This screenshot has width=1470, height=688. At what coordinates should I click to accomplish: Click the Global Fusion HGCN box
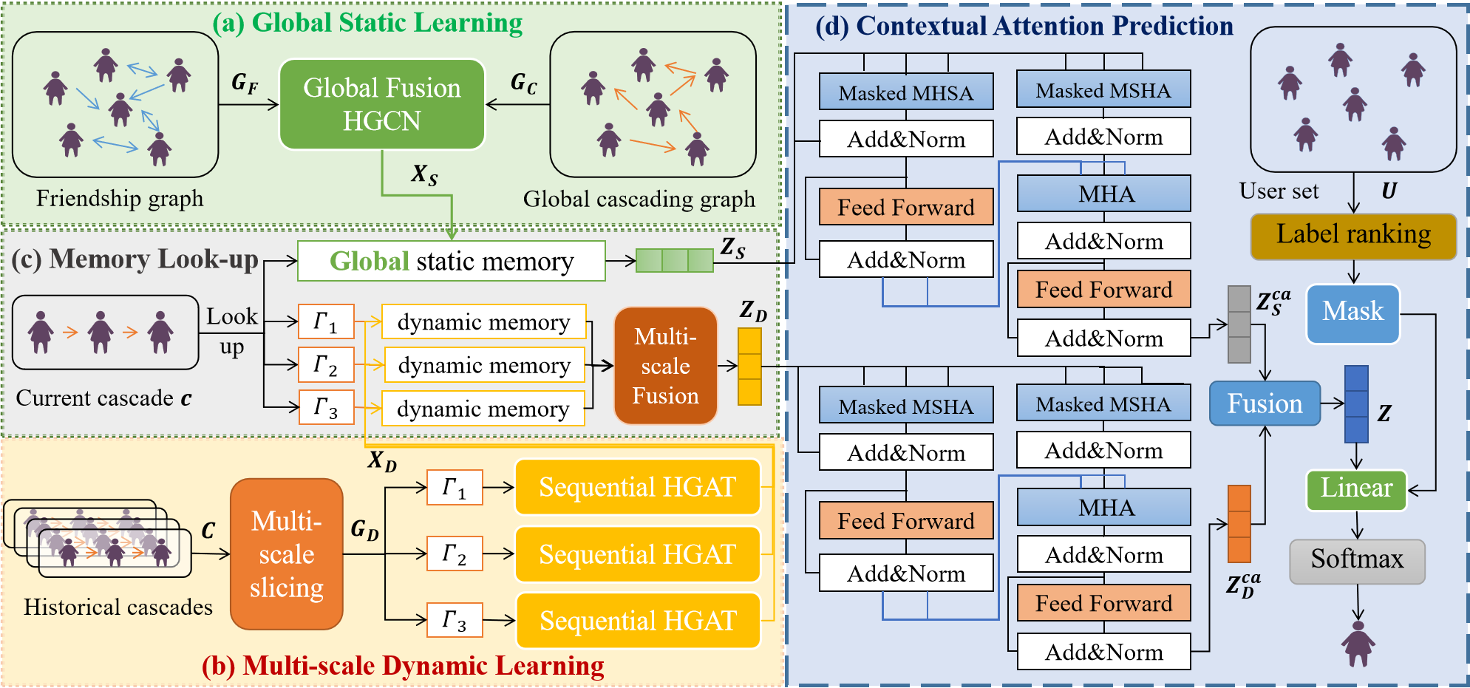click(381, 104)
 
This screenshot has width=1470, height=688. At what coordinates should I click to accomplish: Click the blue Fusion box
click(1265, 403)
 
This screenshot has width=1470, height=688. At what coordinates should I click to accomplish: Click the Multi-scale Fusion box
click(665, 366)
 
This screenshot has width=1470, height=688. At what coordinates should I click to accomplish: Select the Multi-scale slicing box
click(286, 554)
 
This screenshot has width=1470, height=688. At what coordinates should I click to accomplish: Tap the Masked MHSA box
click(905, 92)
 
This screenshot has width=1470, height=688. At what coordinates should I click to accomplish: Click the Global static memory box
click(451, 261)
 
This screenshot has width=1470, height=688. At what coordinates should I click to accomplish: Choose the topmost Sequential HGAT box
click(637, 487)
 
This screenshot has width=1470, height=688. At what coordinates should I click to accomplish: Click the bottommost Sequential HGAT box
click(637, 621)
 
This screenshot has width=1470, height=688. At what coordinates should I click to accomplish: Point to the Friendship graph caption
click(119, 198)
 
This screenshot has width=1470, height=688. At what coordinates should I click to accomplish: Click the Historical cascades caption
click(118, 607)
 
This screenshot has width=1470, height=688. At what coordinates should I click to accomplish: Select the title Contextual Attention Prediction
click(1024, 26)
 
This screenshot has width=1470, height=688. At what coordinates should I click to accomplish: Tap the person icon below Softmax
click(1358, 644)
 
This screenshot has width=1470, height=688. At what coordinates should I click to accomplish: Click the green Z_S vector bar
click(674, 260)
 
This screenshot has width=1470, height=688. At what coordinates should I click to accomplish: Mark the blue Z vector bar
click(1356, 403)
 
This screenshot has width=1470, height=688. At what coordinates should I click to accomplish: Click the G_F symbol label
click(245, 83)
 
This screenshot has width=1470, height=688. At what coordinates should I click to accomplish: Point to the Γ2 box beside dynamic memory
click(326, 364)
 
